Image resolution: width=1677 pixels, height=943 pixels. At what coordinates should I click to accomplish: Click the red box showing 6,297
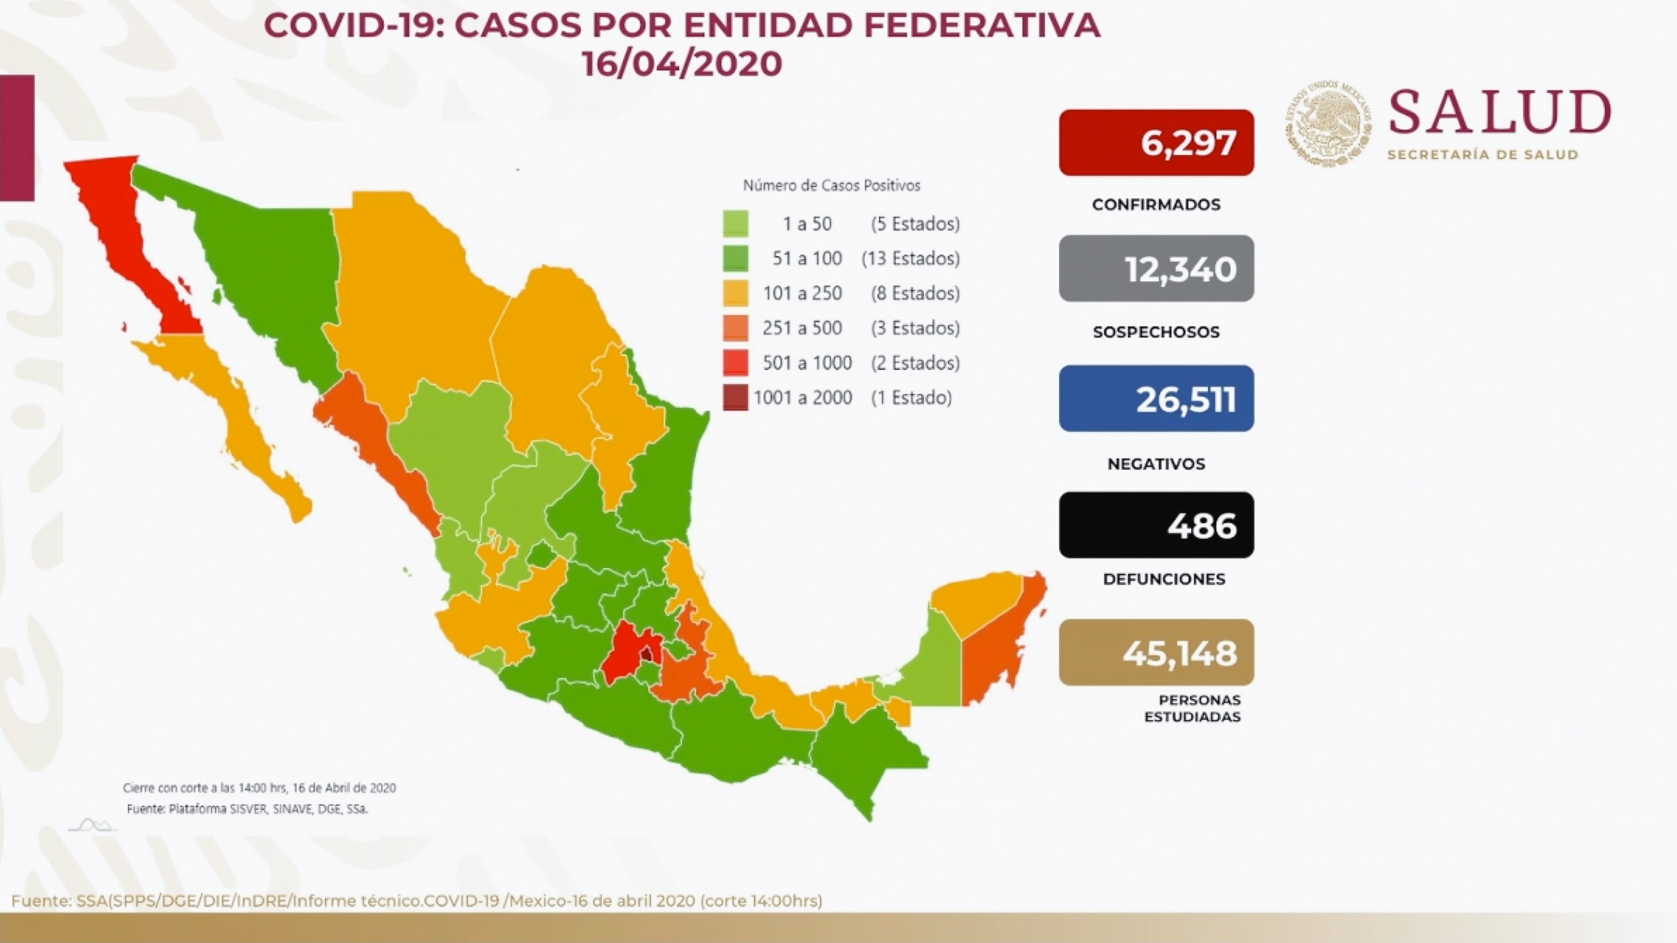(x=1156, y=143)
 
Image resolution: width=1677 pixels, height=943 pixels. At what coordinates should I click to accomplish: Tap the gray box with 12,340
(x=1156, y=268)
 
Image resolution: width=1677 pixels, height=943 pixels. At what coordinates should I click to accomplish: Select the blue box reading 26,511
(x=1156, y=399)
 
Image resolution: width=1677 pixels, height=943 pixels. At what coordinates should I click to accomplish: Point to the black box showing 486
(x=1156, y=524)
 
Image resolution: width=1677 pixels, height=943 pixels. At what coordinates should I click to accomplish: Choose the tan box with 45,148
(x=1156, y=652)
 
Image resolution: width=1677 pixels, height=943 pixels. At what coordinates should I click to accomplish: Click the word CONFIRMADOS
(x=1156, y=204)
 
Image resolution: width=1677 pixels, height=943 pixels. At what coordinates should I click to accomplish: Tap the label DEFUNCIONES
(x=1164, y=578)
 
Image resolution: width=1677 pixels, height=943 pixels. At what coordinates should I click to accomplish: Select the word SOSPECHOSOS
(x=1156, y=332)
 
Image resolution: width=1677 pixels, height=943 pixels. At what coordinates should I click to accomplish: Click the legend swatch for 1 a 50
(x=735, y=224)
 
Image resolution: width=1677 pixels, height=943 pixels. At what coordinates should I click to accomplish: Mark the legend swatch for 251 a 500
(x=735, y=328)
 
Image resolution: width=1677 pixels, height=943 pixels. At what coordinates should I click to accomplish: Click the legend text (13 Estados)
(x=910, y=258)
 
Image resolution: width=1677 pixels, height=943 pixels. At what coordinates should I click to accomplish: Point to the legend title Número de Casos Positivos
(x=832, y=185)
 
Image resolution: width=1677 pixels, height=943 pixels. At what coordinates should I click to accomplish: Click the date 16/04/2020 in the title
(x=682, y=63)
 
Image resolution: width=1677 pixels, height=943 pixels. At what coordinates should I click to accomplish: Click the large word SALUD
(x=1500, y=113)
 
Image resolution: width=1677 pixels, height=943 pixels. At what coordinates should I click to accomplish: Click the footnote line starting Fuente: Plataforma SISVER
(x=247, y=809)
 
